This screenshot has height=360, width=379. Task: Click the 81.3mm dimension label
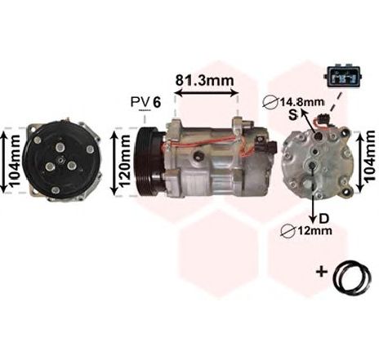tap(204, 80)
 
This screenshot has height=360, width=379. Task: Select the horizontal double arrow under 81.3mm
tap(207, 94)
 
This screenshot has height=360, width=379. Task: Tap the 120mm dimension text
tap(125, 162)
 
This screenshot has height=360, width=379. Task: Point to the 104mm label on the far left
tap(14, 161)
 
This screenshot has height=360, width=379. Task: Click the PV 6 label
tap(146, 102)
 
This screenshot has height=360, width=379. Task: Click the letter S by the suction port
tap(293, 115)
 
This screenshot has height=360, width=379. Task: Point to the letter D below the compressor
tap(323, 218)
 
